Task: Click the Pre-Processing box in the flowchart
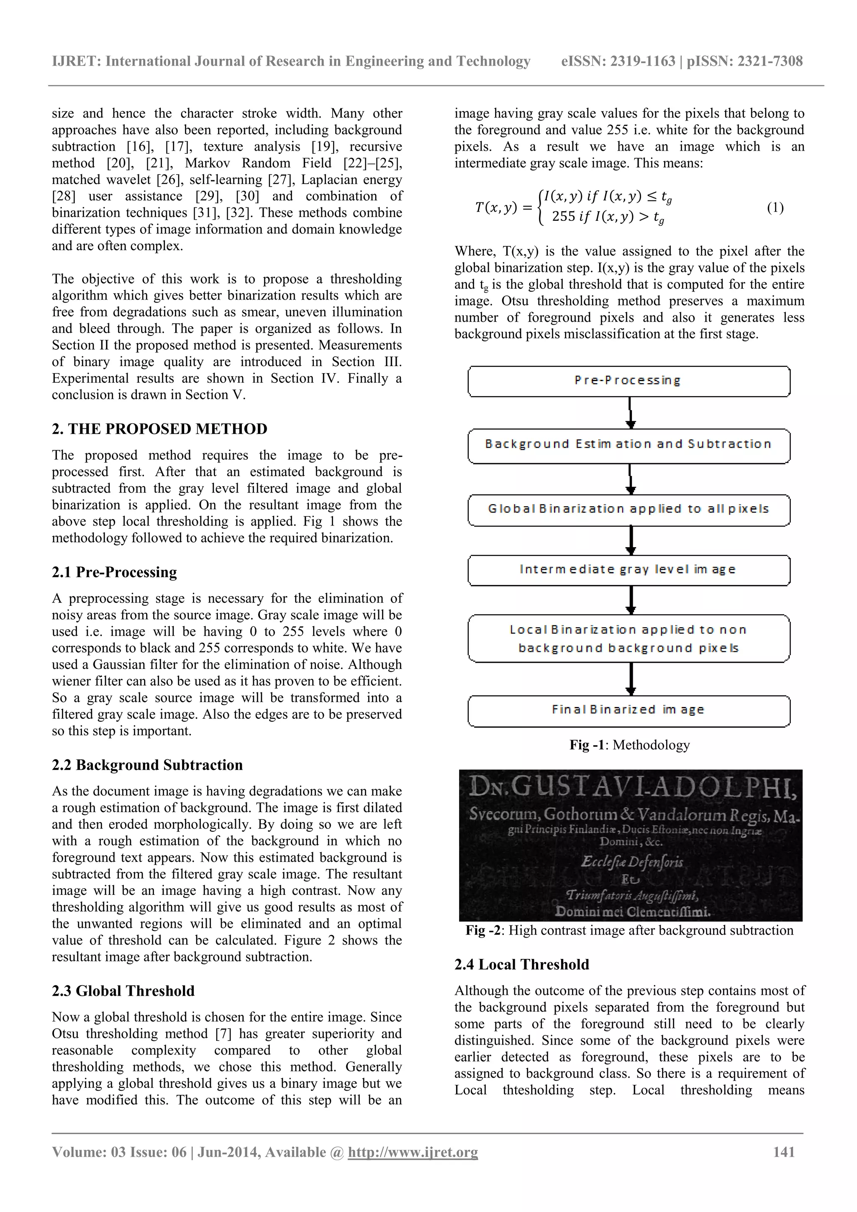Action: [629, 381]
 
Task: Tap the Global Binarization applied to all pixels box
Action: [629, 510]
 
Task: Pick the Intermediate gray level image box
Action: [629, 570]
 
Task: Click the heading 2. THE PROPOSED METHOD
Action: [159, 429]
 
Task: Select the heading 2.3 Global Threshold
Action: [123, 991]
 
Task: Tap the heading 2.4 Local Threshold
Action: [522, 964]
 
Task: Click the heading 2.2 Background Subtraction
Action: [147, 765]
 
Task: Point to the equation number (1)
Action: [775, 208]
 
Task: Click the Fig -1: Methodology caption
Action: [629, 745]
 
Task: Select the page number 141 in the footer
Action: [784, 1166]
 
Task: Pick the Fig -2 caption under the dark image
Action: [629, 930]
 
